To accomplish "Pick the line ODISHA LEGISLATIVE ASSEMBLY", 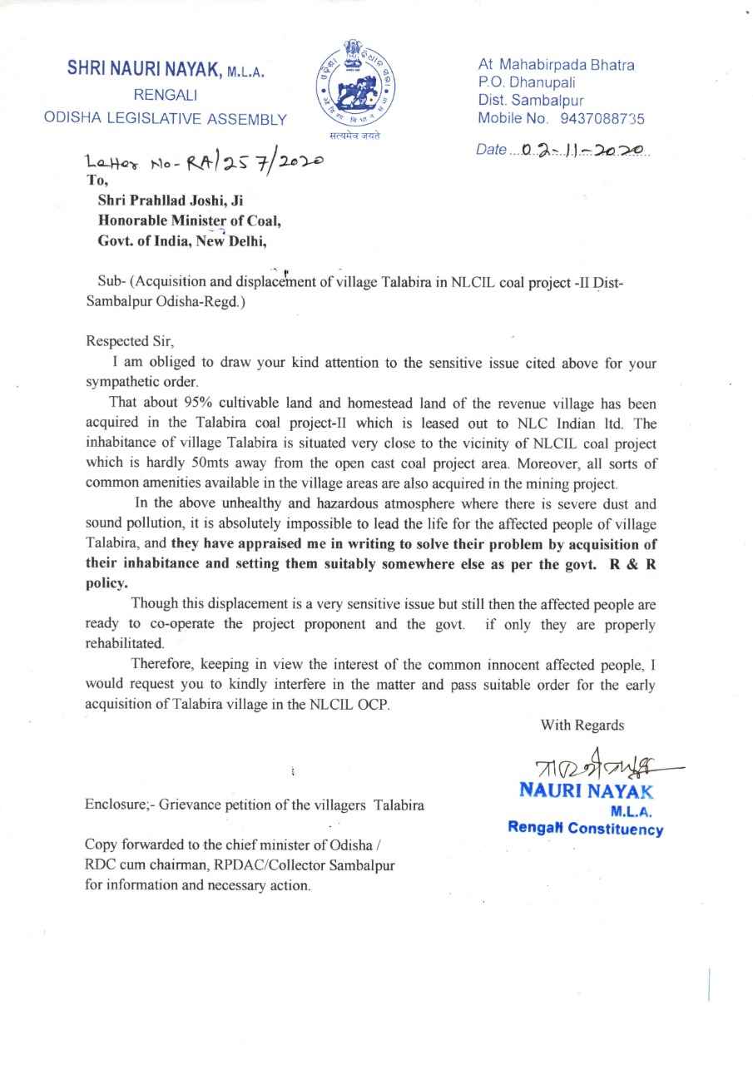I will (x=165, y=119).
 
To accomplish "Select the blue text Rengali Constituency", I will (x=586, y=829).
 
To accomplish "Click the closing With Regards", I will (x=582, y=726).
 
